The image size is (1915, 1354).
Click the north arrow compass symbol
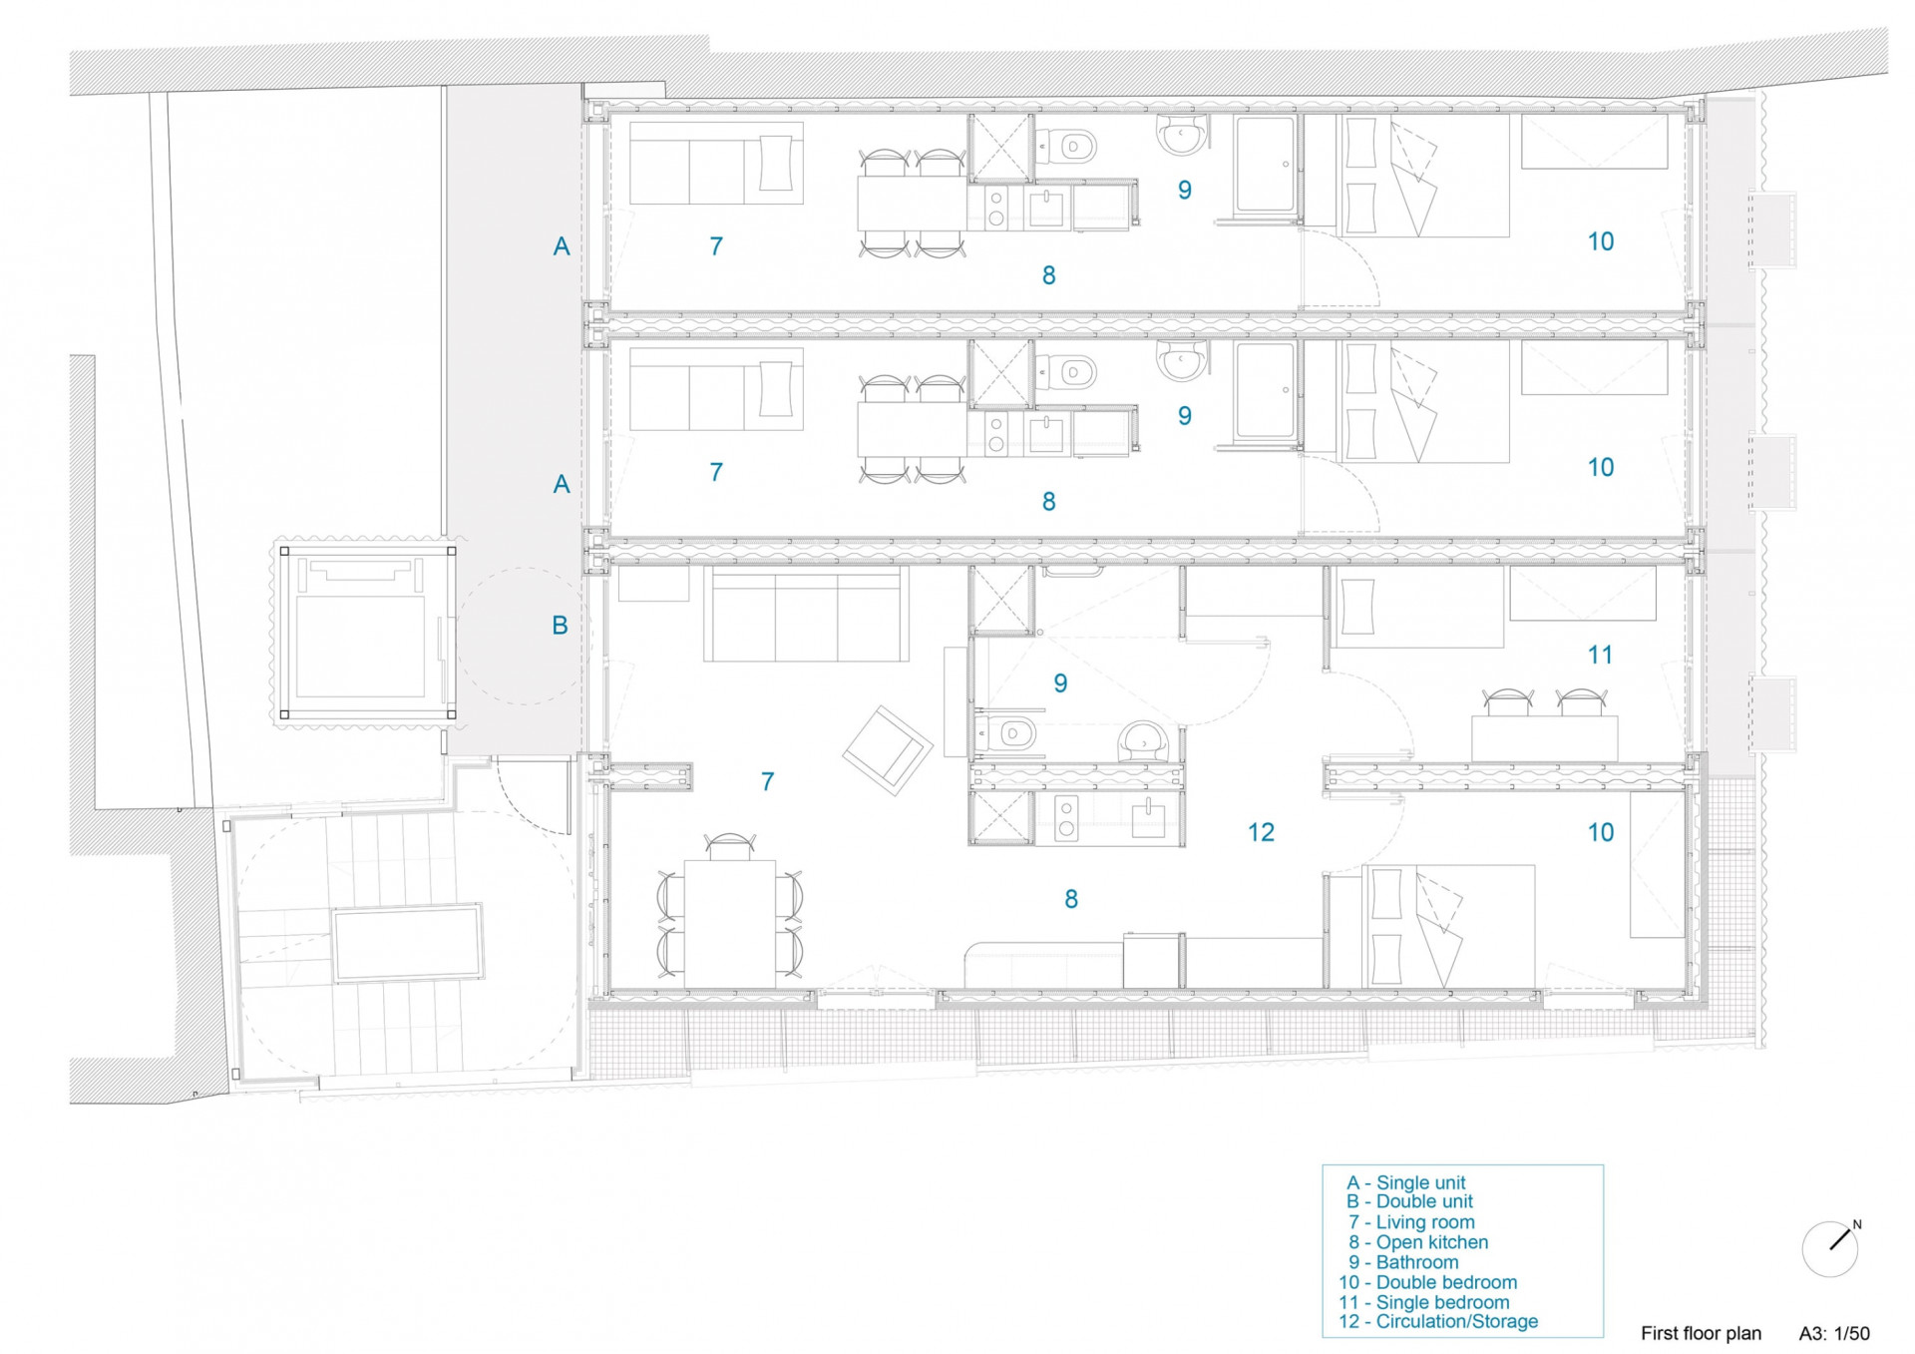(x=1830, y=1248)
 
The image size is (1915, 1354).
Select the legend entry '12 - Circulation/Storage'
(x=1438, y=1321)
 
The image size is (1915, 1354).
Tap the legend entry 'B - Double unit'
(x=1409, y=1201)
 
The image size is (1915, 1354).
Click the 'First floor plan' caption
(x=1701, y=1333)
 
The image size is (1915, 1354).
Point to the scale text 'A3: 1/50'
(x=1834, y=1333)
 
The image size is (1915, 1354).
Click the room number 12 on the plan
(x=1261, y=831)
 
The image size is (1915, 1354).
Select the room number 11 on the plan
(x=1600, y=655)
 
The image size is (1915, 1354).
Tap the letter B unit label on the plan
(x=560, y=625)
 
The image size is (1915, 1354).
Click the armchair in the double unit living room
(x=888, y=750)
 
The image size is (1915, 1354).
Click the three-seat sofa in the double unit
(x=806, y=615)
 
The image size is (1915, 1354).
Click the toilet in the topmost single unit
(x=1066, y=146)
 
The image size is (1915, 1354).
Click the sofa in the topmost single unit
(x=716, y=164)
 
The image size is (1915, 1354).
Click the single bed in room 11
(x=1416, y=606)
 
